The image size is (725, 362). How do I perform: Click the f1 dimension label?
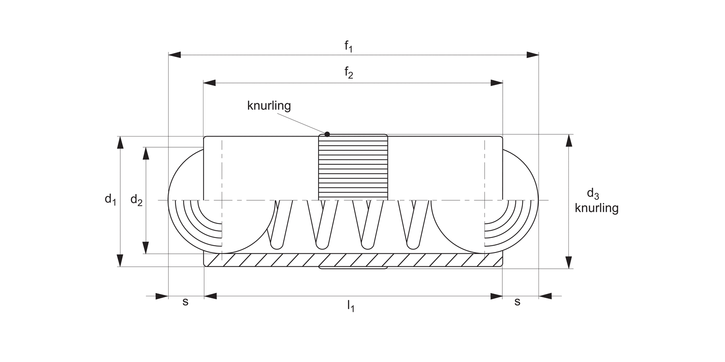point(348,46)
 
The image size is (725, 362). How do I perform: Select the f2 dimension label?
point(348,73)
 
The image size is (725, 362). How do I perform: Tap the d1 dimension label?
point(111,199)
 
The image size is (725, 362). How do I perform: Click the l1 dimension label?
point(350,306)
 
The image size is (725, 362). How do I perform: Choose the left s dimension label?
point(185,302)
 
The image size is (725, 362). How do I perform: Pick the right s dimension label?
point(517,302)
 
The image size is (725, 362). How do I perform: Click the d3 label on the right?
point(593,194)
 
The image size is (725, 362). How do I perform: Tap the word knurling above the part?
point(269,106)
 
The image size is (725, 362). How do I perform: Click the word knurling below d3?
point(596,208)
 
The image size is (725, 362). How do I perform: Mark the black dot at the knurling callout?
point(327,134)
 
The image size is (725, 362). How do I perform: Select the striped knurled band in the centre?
point(353,167)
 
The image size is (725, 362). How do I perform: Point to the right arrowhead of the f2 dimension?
point(497,83)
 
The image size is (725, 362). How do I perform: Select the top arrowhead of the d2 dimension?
point(145,153)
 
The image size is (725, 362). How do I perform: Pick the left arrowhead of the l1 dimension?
point(210,296)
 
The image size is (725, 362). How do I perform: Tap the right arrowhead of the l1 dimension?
point(496,296)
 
